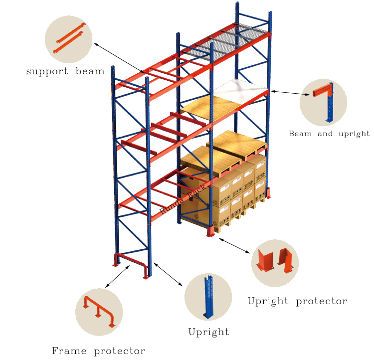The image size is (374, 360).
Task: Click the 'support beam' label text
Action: (65, 72)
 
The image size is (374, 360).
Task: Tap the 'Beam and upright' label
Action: (329, 134)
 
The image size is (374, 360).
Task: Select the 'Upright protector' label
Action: (297, 301)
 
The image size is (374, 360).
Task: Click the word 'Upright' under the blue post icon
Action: (208, 332)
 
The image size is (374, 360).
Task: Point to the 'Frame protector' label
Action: (99, 351)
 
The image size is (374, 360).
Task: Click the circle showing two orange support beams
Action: (68, 39)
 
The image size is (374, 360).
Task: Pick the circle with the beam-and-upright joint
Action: (323, 102)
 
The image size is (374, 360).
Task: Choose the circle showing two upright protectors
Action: (275, 263)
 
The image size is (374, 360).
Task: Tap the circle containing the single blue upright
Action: (208, 297)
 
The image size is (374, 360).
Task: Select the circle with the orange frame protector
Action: (99, 312)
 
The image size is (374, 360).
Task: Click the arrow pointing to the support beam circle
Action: (119, 58)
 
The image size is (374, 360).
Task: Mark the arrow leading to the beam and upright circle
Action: (290, 93)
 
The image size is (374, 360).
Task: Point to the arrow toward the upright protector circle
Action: (234, 246)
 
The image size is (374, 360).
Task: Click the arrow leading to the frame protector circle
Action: (117, 276)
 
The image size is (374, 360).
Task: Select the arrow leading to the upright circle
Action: (168, 274)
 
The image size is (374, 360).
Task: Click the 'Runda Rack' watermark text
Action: (183, 199)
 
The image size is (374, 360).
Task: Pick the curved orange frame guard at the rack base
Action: (131, 264)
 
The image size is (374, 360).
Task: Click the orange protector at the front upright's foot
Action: (210, 231)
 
